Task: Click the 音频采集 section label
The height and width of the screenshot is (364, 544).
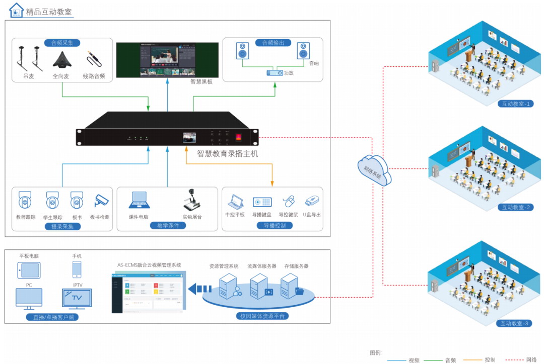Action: pyautogui.click(x=62, y=43)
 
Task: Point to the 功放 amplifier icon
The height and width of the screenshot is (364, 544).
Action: pyautogui.click(x=275, y=73)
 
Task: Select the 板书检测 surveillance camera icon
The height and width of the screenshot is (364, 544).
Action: pyautogui.click(x=101, y=201)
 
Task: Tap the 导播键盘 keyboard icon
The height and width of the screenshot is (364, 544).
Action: pyautogui.click(x=262, y=202)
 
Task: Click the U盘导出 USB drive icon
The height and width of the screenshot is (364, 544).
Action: pyautogui.click(x=313, y=201)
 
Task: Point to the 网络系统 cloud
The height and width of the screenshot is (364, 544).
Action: pyautogui.click(x=374, y=170)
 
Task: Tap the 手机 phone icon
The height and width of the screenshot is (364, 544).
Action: pyautogui.click(x=77, y=269)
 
